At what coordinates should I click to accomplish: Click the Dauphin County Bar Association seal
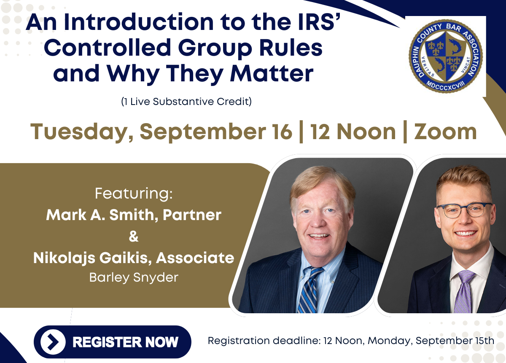[x=445, y=56]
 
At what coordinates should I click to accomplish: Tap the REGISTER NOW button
[x=113, y=342]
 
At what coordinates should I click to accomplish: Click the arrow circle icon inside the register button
[x=53, y=342]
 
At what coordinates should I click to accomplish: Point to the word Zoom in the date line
[x=445, y=132]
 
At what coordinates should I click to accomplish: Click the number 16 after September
[x=283, y=132]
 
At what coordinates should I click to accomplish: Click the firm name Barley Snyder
[x=134, y=278]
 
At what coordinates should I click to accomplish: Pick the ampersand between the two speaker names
[x=134, y=236]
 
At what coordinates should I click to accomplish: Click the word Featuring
[x=134, y=194]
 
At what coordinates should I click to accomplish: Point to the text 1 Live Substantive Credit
[x=186, y=102]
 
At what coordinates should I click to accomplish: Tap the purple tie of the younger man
[x=464, y=291]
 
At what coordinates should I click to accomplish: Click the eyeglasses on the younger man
[x=464, y=210]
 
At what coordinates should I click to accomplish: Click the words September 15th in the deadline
[x=455, y=341]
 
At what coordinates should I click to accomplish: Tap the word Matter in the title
[x=272, y=73]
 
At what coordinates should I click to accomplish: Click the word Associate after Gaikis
[x=195, y=258]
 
